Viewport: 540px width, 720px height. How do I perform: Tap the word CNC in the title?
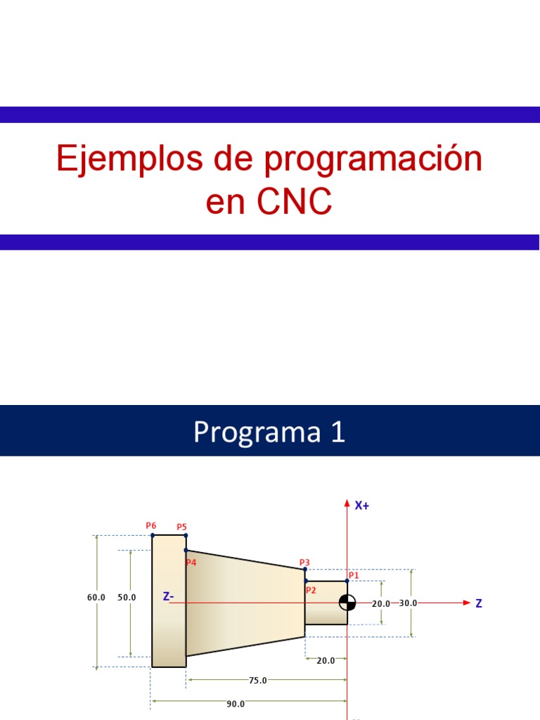(295, 202)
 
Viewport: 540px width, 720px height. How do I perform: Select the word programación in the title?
(374, 160)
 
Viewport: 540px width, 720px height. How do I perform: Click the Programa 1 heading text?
(269, 432)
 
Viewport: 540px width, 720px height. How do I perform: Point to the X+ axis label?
(362, 505)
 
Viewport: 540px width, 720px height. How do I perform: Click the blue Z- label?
(168, 596)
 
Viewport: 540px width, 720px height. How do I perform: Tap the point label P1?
(354, 575)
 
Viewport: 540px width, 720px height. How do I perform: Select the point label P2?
(311, 590)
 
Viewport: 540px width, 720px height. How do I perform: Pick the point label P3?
(304, 562)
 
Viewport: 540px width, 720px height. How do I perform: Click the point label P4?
(191, 562)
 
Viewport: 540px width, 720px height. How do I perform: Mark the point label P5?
(181, 527)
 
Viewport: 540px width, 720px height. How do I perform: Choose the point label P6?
(150, 525)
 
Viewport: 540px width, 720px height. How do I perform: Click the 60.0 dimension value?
(96, 597)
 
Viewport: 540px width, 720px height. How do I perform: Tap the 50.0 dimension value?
(127, 597)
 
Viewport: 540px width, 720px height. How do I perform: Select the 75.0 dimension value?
(258, 680)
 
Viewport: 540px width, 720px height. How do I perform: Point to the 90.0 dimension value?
(236, 704)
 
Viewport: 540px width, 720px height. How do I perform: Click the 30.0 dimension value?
(409, 603)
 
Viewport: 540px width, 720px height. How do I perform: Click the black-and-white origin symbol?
(347, 603)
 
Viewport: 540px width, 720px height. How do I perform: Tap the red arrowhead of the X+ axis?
(347, 503)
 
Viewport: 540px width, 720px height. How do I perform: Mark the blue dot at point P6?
(153, 536)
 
